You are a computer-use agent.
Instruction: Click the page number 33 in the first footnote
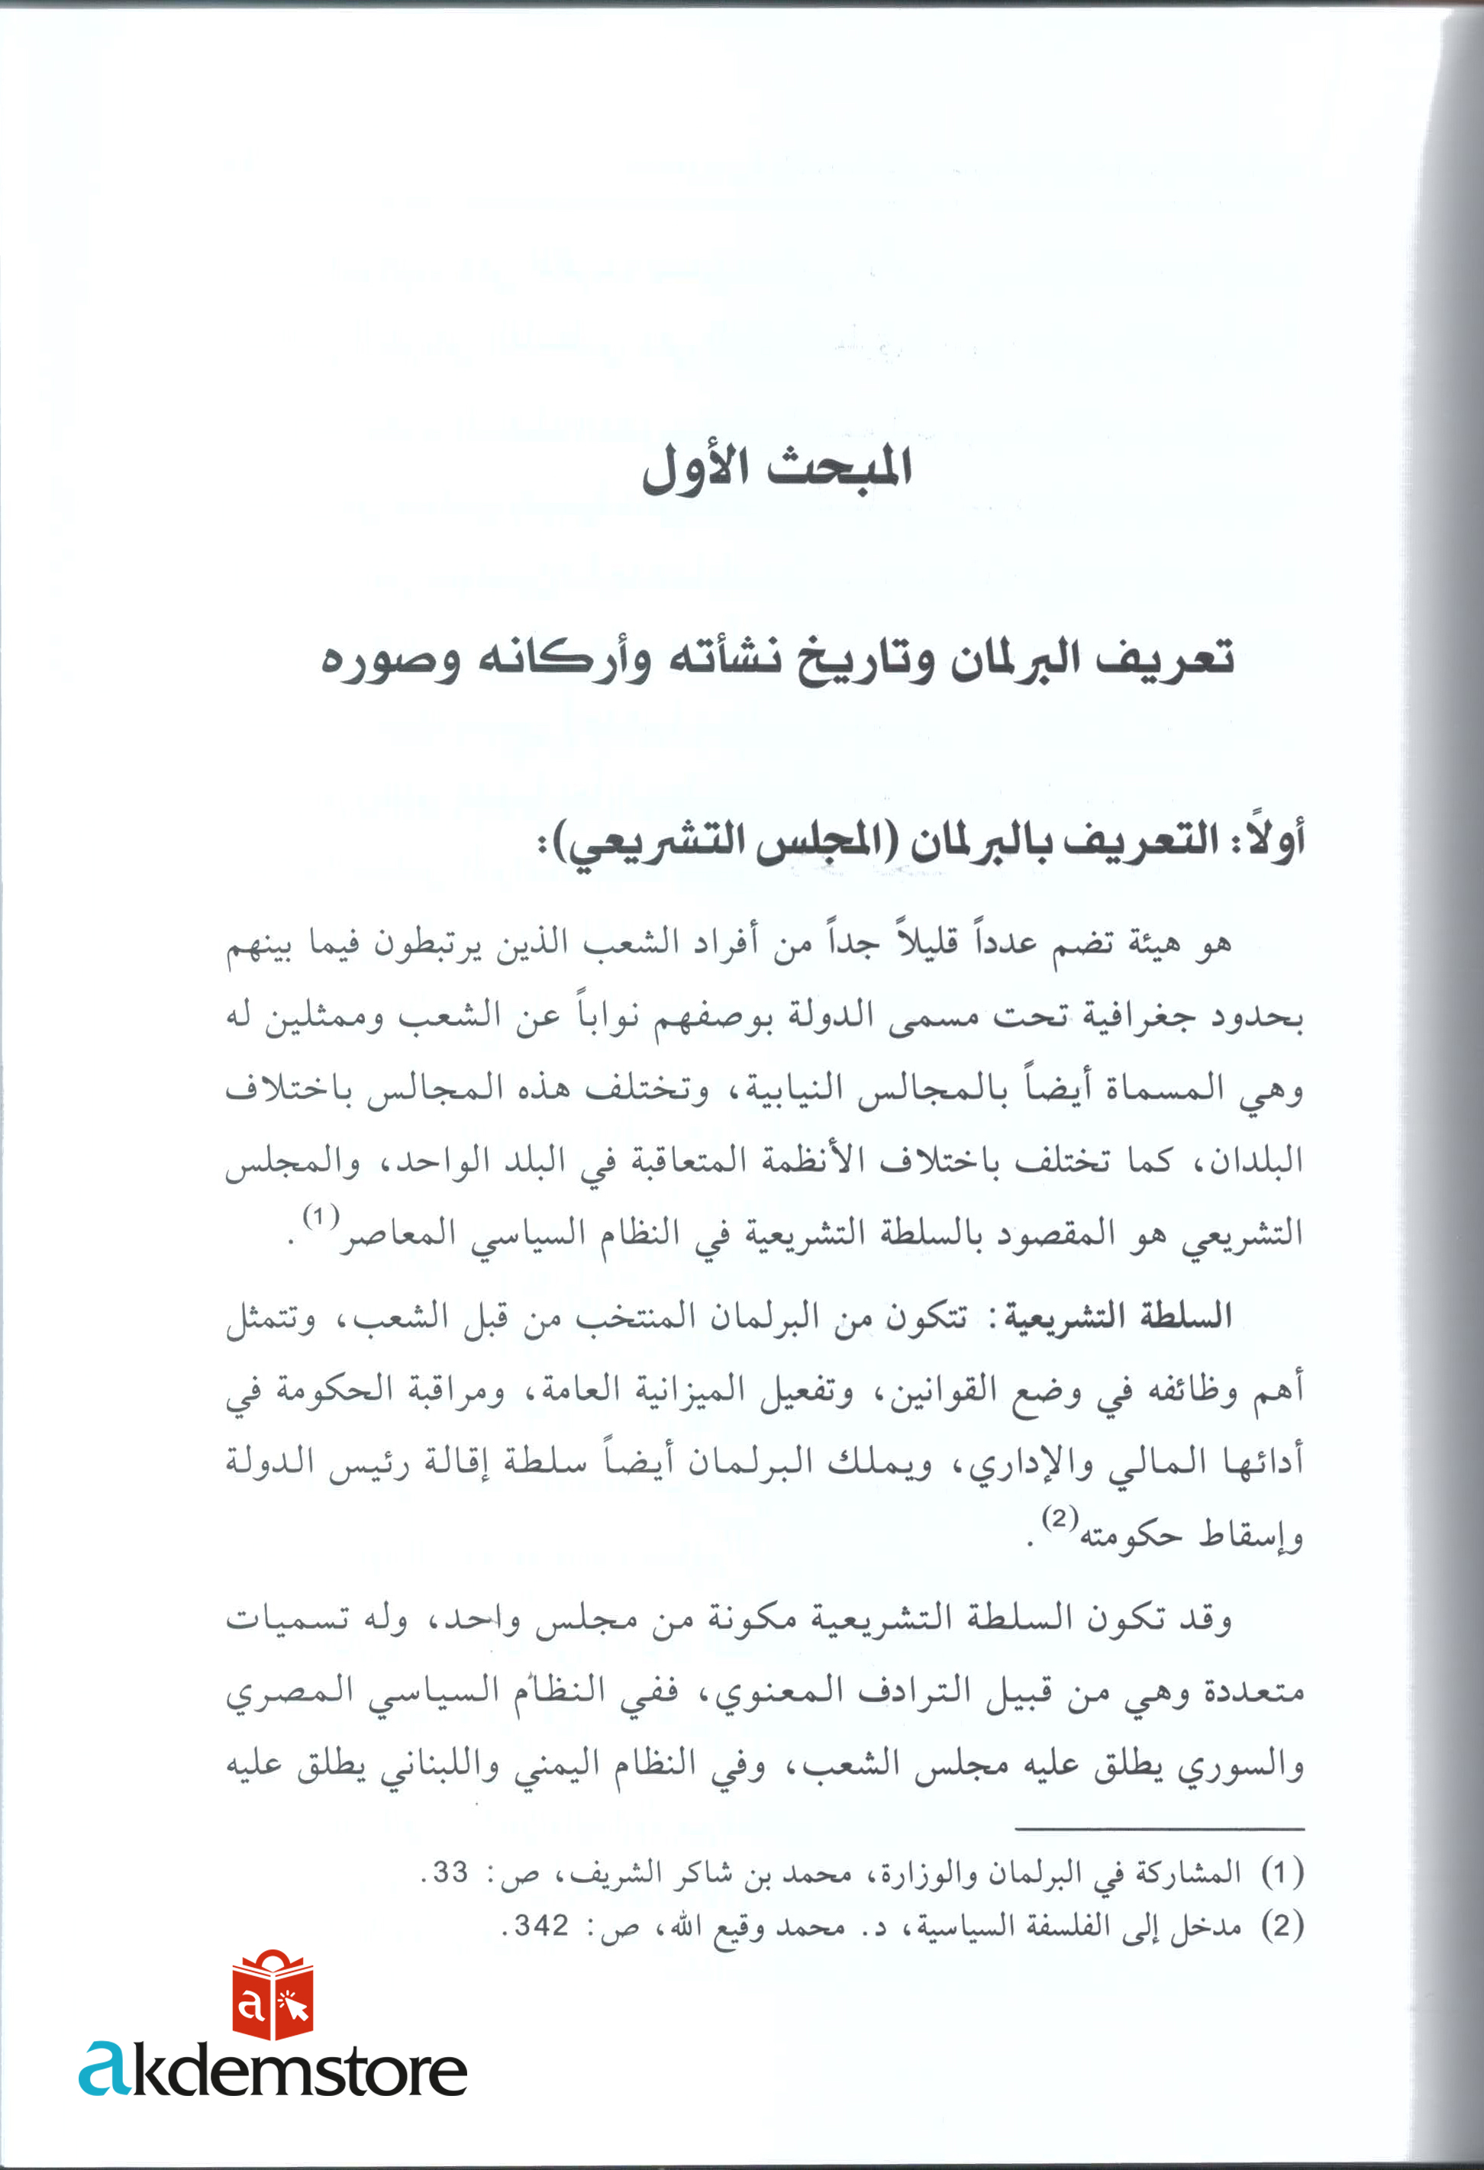449,1872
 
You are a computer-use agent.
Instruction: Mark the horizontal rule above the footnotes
1158,1829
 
